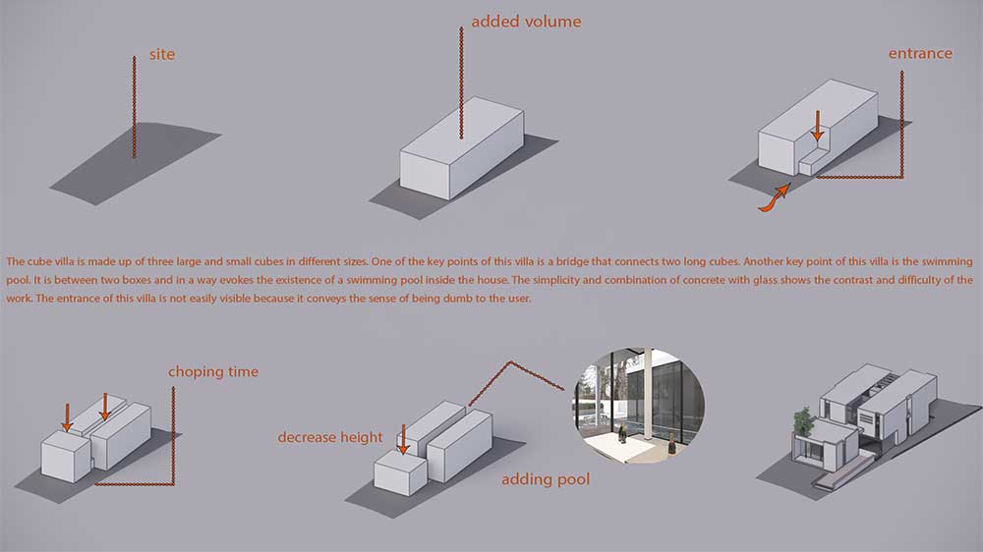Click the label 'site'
pyautogui.click(x=162, y=54)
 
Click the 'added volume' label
pyautogui.click(x=526, y=22)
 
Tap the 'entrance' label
pyautogui.click(x=920, y=53)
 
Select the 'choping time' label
pyautogui.click(x=212, y=371)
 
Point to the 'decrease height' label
pyautogui.click(x=329, y=437)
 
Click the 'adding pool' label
pyautogui.click(x=546, y=479)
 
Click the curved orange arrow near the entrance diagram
pyautogui.click(x=775, y=197)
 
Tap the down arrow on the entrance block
pyautogui.click(x=817, y=126)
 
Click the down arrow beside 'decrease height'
pyautogui.click(x=403, y=439)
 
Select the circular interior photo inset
pyautogui.click(x=638, y=406)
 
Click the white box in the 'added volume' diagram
pyautogui.click(x=462, y=148)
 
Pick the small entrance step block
pyautogui.click(x=813, y=162)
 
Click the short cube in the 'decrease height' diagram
pyautogui.click(x=401, y=473)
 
